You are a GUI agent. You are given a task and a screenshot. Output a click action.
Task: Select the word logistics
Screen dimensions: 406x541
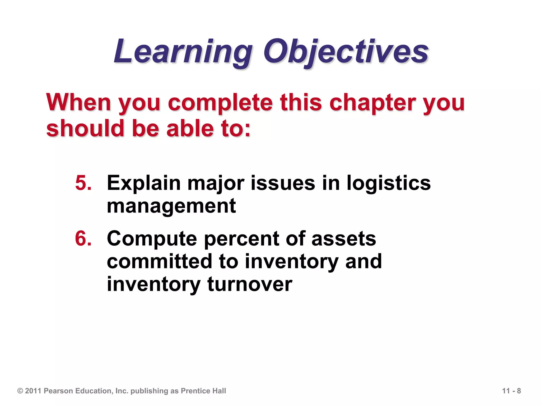[x=388, y=183]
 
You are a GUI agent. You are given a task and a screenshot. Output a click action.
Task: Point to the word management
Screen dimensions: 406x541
[x=171, y=206]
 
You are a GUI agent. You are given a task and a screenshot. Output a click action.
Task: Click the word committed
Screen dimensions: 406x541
[x=160, y=261]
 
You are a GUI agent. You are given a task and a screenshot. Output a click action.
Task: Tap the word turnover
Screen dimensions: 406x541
[x=250, y=284]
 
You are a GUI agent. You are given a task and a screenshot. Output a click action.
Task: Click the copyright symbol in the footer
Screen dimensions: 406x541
[x=20, y=391]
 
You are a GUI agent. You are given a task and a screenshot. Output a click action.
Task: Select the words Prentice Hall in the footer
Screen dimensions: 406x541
[x=203, y=391]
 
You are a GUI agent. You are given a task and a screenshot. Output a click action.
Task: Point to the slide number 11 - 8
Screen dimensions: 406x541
[x=511, y=391]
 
